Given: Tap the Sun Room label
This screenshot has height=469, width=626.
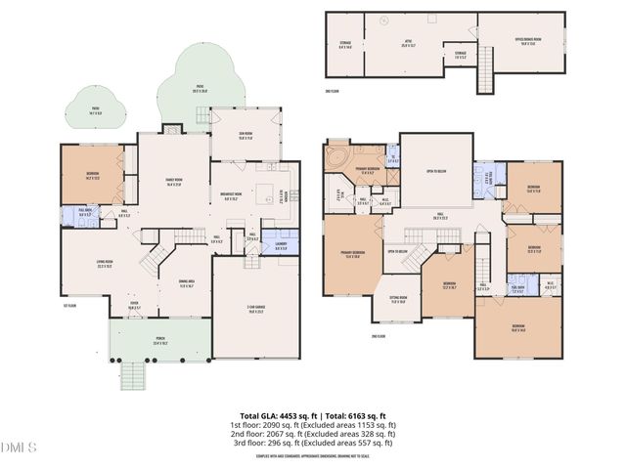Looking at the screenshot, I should [234, 138].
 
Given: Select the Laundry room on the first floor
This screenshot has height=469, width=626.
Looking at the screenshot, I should [281, 246].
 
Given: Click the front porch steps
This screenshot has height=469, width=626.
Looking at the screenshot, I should [130, 373].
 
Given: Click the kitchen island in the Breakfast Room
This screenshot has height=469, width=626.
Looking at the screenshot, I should [263, 193].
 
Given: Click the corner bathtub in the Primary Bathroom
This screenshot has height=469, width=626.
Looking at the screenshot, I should [338, 155].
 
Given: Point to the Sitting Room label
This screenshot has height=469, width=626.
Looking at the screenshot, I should [398, 302].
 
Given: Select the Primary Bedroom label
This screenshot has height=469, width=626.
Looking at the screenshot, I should [349, 257].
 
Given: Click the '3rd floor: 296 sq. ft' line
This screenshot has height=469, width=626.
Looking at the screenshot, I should [312, 443].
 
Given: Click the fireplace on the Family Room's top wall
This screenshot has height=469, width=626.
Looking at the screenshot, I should [172, 129].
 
